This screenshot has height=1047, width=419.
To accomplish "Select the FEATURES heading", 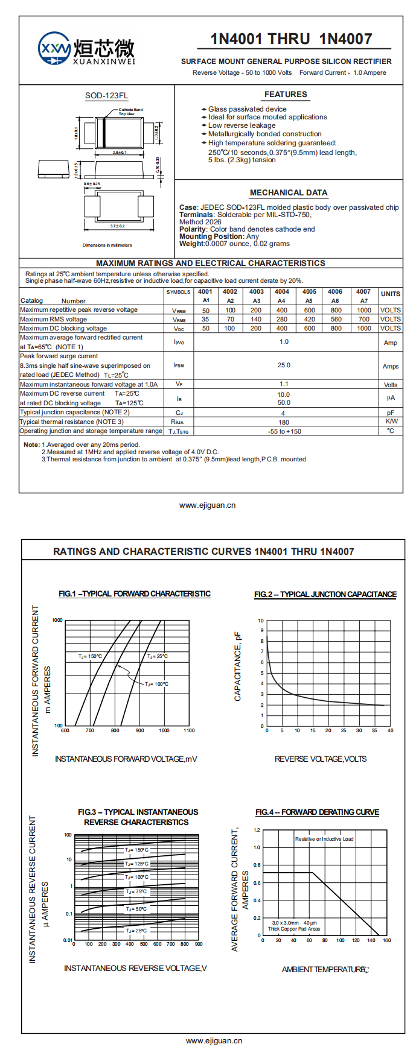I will (286, 95).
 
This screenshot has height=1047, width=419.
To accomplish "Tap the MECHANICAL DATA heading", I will (289, 193).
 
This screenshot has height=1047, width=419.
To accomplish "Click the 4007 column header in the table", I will (363, 292).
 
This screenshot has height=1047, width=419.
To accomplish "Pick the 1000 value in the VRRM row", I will (364, 310).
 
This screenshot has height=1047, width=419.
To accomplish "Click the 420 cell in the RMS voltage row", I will (309, 319).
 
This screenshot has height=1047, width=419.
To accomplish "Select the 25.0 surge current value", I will (284, 365).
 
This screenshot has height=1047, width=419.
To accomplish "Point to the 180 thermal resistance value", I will (284, 422).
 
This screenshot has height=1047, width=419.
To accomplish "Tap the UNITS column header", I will (390, 294).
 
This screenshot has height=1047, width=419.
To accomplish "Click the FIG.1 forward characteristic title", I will (135, 594).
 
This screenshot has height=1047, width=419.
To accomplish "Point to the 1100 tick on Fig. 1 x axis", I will (189, 730).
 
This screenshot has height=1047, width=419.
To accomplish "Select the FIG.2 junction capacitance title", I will (325, 595).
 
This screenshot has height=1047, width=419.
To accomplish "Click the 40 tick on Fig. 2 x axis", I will (390, 730).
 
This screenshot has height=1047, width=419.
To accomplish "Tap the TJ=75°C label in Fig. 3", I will (136, 891).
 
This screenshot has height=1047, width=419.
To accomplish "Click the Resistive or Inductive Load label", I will (324, 839).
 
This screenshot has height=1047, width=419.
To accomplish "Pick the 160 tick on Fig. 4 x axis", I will (386, 940).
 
